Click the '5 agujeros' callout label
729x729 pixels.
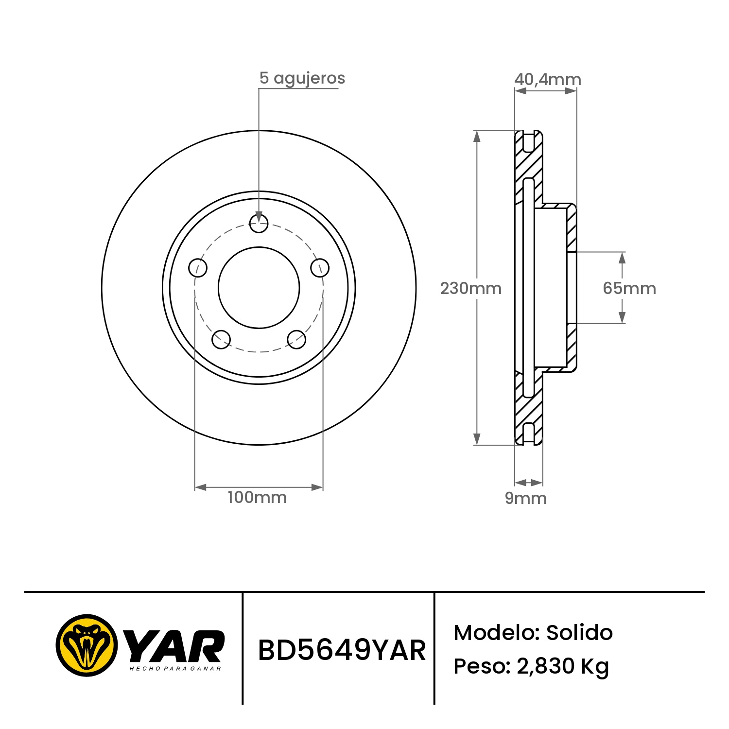point(302,79)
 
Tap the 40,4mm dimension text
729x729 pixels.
point(548,79)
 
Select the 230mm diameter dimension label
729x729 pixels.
point(470,288)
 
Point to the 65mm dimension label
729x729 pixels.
point(629,288)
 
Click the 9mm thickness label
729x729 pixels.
point(526,498)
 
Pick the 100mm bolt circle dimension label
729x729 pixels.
point(257,497)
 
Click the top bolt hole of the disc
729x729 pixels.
point(259,224)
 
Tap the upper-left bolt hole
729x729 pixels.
point(198,267)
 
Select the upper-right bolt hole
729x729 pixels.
point(320,268)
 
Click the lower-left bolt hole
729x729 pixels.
point(221,339)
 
